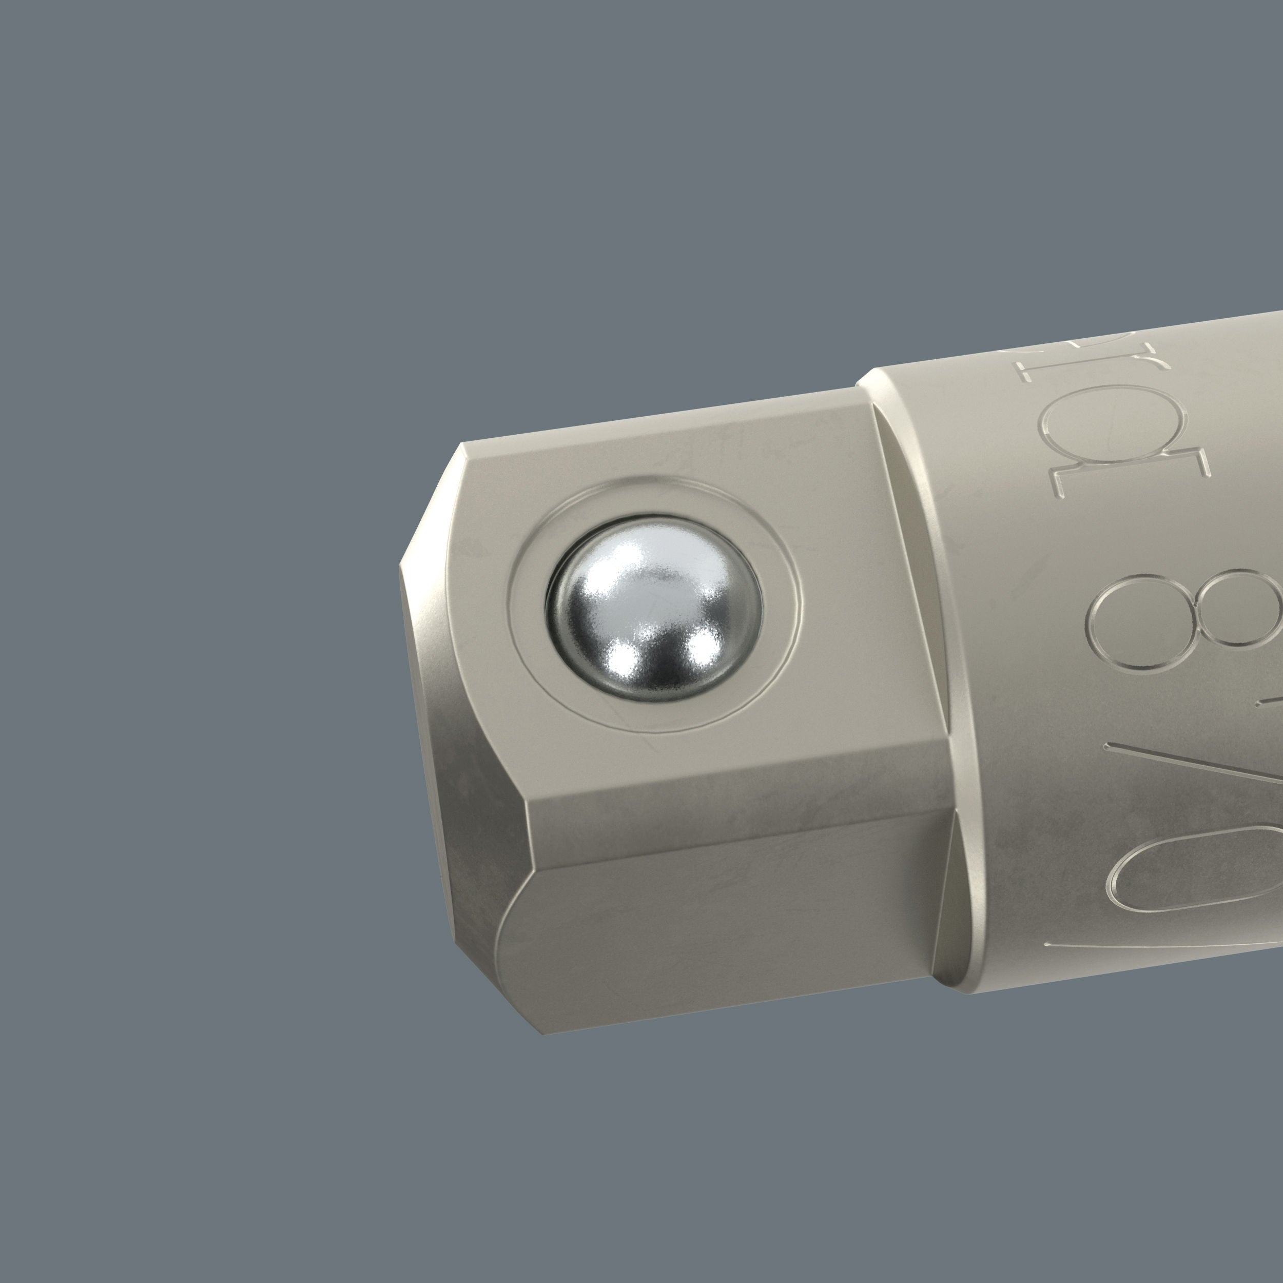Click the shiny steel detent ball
(654, 610)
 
